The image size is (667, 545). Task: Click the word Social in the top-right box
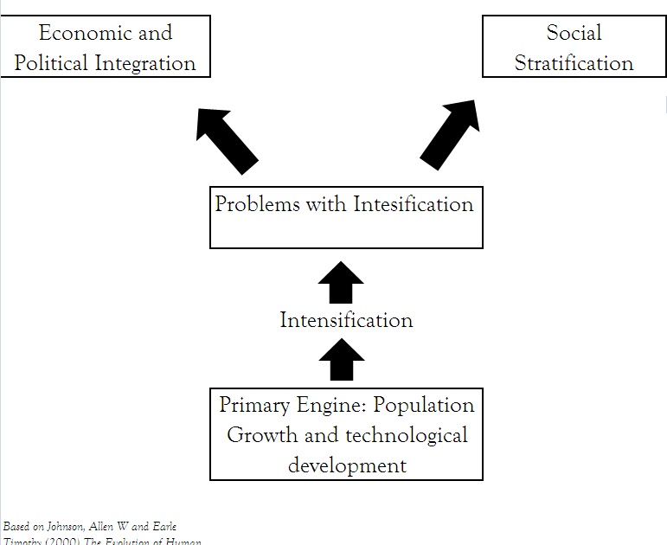(574, 34)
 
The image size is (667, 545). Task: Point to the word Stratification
(574, 63)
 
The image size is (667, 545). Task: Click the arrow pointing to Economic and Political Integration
(227, 138)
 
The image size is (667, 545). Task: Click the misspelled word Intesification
(413, 204)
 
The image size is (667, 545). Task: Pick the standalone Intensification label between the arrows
(346, 320)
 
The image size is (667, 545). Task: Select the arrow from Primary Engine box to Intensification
(341, 359)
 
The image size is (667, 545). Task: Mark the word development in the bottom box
(347, 465)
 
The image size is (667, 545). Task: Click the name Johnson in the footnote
(65, 526)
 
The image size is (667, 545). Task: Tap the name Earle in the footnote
(163, 526)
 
